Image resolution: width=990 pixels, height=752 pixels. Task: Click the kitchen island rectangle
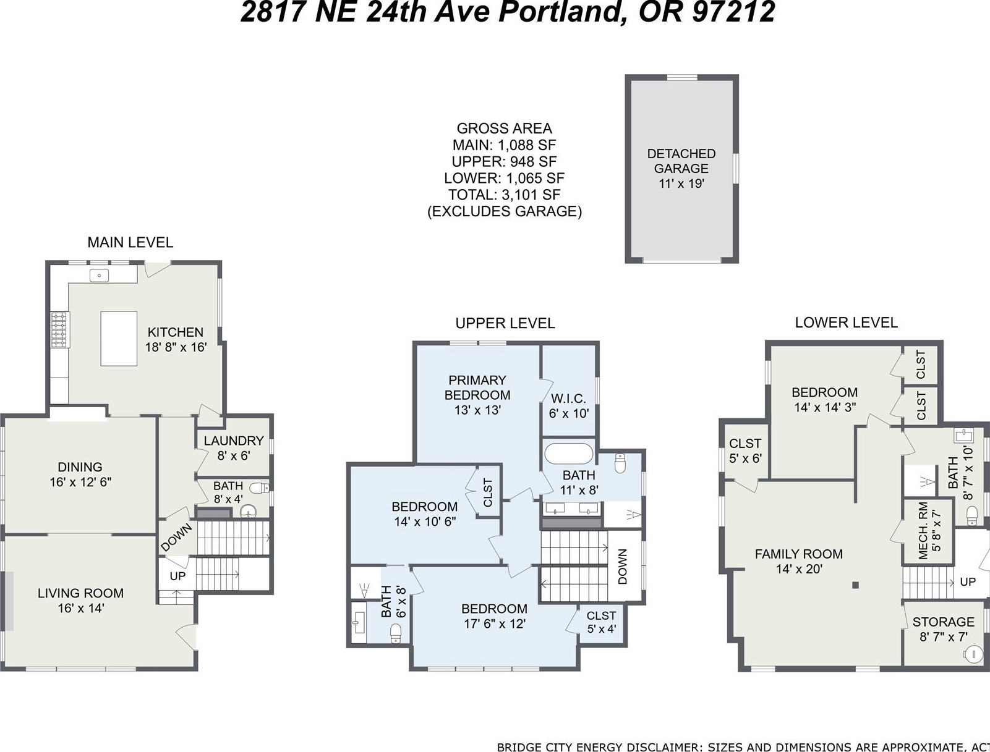click(x=119, y=339)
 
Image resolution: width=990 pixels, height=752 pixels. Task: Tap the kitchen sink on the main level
click(x=99, y=275)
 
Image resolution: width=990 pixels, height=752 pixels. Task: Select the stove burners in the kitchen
click(x=59, y=330)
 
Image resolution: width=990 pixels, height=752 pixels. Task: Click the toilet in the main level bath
click(x=259, y=488)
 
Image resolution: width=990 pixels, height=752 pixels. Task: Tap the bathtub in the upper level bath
click(x=569, y=454)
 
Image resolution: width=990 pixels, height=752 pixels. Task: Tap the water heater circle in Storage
click(x=973, y=654)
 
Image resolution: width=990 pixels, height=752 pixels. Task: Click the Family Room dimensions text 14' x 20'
click(x=799, y=569)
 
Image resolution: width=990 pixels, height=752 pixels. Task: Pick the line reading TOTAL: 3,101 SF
click(x=504, y=195)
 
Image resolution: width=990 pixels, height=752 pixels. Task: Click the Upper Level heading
click(x=505, y=323)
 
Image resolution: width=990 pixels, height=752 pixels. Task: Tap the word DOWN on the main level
click(x=176, y=537)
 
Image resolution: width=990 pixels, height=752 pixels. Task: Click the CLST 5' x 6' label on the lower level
click(x=745, y=450)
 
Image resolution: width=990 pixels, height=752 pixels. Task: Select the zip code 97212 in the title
click(x=733, y=12)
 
